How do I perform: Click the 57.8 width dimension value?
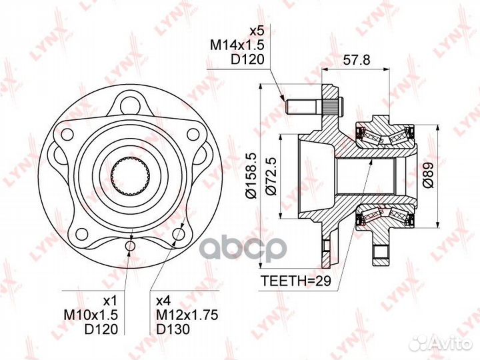pyautogui.click(x=356, y=60)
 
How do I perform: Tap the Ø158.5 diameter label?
pyautogui.click(x=253, y=176)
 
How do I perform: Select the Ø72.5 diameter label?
pyautogui.click(x=271, y=176)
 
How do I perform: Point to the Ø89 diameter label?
pyautogui.click(x=428, y=175)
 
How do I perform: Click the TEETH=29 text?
pyautogui.click(x=296, y=281)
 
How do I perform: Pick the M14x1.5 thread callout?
pyautogui.click(x=237, y=45)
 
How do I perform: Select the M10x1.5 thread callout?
pyautogui.click(x=91, y=315)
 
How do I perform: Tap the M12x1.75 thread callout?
pyautogui.click(x=187, y=315)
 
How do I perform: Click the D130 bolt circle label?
pyautogui.click(x=173, y=329)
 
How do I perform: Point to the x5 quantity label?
pyautogui.click(x=257, y=31)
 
